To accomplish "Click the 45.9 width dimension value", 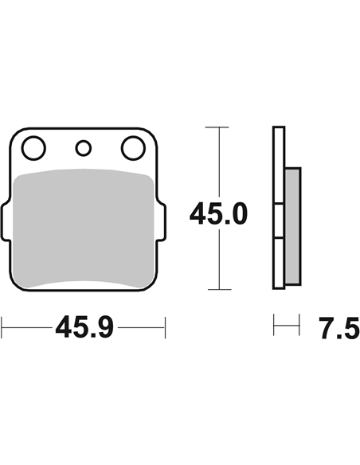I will pyautogui.click(x=84, y=326).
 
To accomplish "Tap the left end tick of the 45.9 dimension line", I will pyautogui.click(x=2, y=326).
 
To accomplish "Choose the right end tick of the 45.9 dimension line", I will pyautogui.click(x=164, y=326).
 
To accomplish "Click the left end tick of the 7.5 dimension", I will pyautogui.click(x=273, y=326).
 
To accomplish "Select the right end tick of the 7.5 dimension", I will pyautogui.click(x=301, y=326).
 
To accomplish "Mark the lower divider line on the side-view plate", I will pyautogui.click(x=278, y=239).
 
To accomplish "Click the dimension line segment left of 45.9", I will pyautogui.click(x=28, y=326).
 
